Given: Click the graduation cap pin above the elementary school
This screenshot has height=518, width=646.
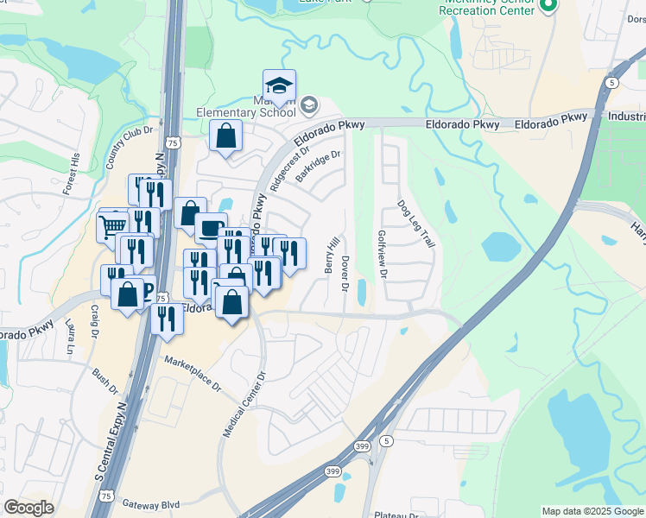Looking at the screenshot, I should pyautogui.click(x=279, y=85).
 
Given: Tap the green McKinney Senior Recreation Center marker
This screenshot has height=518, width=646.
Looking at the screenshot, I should pyautogui.click(x=546, y=6).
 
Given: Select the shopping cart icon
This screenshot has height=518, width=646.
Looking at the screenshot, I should pyautogui.click(x=112, y=228).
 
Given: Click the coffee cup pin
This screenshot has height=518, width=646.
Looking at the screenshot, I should pyautogui.click(x=211, y=228).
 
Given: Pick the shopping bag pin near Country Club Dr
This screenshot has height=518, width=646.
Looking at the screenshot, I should pyautogui.click(x=225, y=136).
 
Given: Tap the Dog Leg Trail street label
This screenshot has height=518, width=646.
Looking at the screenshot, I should pyautogui.click(x=415, y=225).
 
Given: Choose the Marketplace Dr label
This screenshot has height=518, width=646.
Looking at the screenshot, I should pyautogui.click(x=193, y=372).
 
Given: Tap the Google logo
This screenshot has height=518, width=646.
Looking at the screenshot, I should pyautogui.click(x=28, y=508).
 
